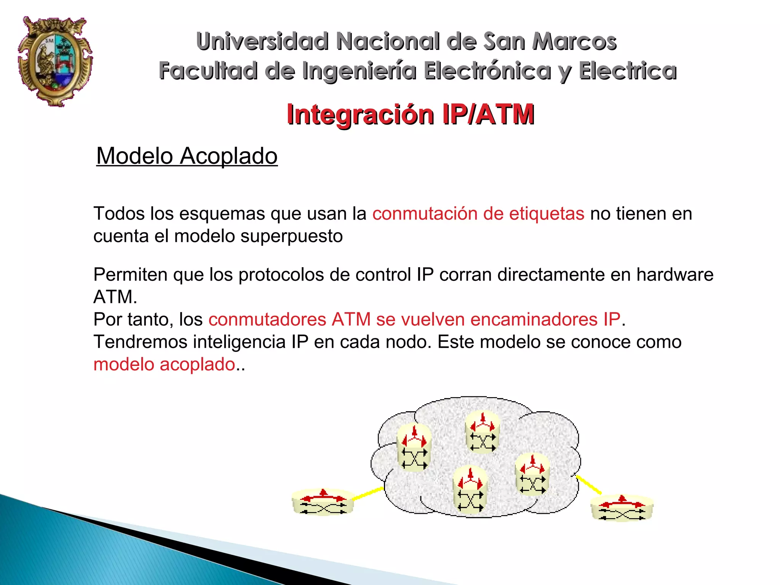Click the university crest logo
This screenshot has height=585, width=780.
(55, 61)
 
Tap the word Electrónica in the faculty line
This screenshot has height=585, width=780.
(487, 71)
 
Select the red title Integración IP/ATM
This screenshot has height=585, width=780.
(411, 114)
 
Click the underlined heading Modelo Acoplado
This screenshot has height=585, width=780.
(187, 156)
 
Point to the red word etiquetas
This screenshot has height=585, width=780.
(547, 213)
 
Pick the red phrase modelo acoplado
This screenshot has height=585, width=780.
(164, 364)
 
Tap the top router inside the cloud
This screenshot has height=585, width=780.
(483, 433)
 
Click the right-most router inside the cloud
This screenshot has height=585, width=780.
(532, 475)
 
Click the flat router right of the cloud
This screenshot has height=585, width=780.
(622, 509)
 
